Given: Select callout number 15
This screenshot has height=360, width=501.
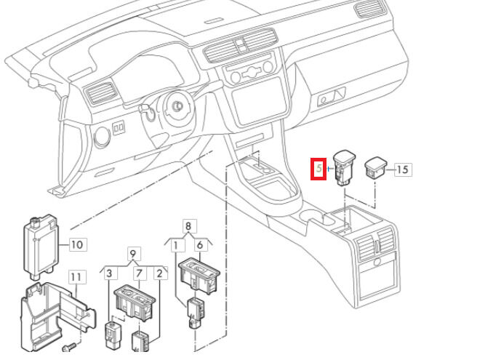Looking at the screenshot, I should (x=403, y=169).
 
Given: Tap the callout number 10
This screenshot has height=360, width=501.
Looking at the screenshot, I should (x=77, y=245).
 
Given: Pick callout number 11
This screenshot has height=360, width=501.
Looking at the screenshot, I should (x=77, y=277).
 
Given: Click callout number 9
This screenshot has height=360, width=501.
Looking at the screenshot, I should (x=133, y=255).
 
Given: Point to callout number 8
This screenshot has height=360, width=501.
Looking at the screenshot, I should (x=188, y=226).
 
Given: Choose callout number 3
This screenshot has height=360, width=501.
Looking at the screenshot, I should (x=109, y=273).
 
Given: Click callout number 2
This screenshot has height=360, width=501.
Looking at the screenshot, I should (x=159, y=273).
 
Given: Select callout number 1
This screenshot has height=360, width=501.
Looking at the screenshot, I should (x=175, y=246).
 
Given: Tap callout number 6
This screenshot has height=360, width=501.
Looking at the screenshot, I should (x=200, y=246).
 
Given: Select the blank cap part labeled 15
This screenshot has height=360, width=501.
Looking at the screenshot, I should (x=377, y=166).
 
